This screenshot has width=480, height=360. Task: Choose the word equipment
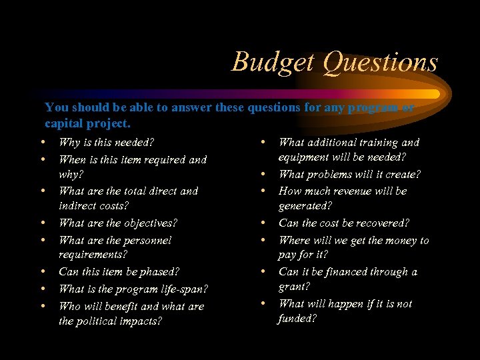(x=304, y=157)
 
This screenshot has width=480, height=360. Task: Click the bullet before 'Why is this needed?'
(x=43, y=142)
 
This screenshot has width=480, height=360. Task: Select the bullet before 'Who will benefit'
(x=43, y=306)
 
